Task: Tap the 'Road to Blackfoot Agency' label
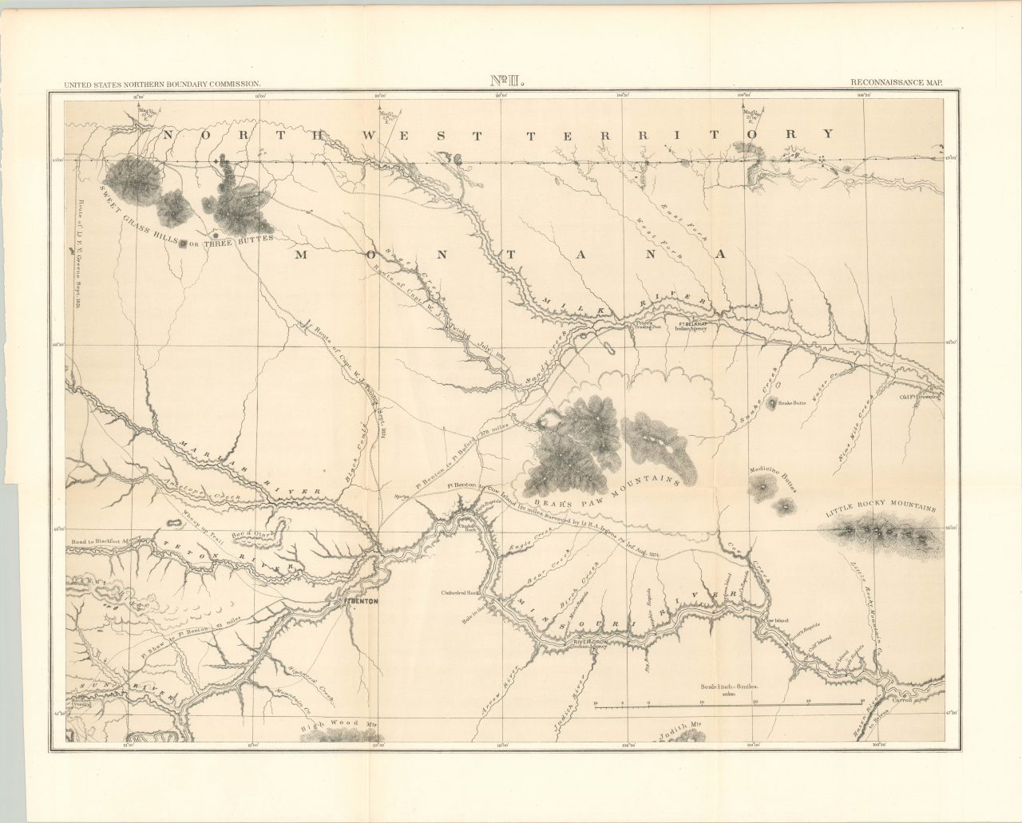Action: pos(109,542)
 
